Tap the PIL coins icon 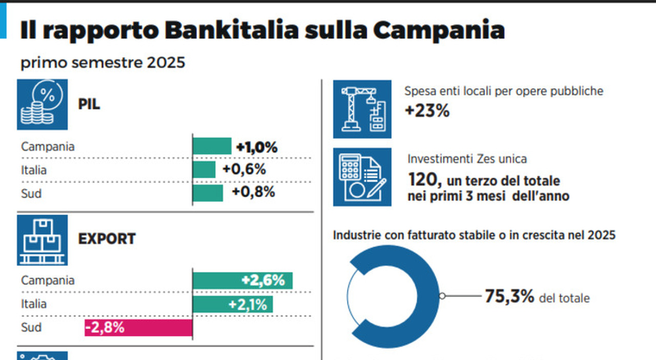tap(42, 104)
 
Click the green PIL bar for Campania tap(212, 146)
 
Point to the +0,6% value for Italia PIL tap(244, 170)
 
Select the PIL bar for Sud tap(208, 193)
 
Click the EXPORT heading tap(107, 239)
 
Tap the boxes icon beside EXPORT tap(42, 239)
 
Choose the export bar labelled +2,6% tap(242, 281)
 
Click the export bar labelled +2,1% tap(233, 304)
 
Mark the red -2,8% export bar tap(138, 328)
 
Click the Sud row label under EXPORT tap(31, 328)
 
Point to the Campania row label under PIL tap(48, 147)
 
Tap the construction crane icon tap(362, 109)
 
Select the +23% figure tap(427, 111)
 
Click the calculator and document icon tap(362, 177)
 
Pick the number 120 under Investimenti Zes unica tap(423, 180)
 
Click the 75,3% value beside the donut tap(509, 296)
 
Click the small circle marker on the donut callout tap(442, 296)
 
